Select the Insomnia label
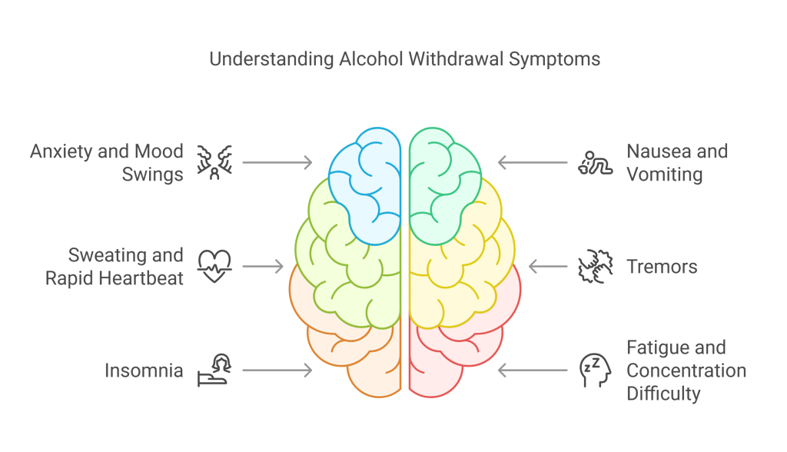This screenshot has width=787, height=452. pyautogui.click(x=144, y=371)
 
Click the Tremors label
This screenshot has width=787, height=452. pyautogui.click(x=662, y=267)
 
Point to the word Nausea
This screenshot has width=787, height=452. pyautogui.click(x=654, y=151)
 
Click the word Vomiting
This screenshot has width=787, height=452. pyautogui.click(x=664, y=174)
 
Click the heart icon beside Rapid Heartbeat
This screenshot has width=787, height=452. pyautogui.click(x=214, y=266)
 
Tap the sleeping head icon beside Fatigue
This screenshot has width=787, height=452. pyautogui.click(x=593, y=370)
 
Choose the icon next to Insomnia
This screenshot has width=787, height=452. pyautogui.click(x=214, y=370)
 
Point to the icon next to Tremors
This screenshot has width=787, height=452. pyautogui.click(x=593, y=266)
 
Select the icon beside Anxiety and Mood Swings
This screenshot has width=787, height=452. pyautogui.click(x=214, y=162)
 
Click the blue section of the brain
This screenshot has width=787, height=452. pyautogui.click(x=365, y=184)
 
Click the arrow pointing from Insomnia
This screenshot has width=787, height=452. pyautogui.click(x=277, y=371)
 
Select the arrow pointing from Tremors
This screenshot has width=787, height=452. pyautogui.click(x=547, y=267)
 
